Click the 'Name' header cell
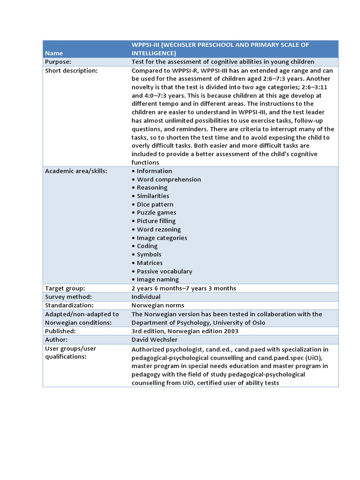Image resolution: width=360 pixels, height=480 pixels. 54,53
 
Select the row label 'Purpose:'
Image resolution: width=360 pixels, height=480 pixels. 58,62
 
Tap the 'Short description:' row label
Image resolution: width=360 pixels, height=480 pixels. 71,70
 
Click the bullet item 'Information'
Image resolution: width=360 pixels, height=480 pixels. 154,171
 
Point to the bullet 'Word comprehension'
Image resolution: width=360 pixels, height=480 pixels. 169,180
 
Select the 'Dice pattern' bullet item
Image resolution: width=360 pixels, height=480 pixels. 155,204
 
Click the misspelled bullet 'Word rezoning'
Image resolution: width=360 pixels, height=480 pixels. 158,230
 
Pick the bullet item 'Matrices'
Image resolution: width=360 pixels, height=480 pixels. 150,263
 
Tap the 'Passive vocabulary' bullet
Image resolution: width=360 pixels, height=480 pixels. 164,271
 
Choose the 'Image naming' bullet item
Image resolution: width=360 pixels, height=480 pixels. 157,280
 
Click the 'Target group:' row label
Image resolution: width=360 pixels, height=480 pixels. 65,288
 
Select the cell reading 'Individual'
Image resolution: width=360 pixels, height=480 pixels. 146,297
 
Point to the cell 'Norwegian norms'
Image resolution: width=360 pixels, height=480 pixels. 157,305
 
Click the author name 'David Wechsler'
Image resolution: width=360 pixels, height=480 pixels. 154,339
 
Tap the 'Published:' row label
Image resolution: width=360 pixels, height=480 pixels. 60,331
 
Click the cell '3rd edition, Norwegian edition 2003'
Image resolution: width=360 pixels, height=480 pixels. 185,331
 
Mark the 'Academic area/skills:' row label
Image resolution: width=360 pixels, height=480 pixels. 76,171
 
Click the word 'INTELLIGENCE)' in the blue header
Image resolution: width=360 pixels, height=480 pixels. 154,53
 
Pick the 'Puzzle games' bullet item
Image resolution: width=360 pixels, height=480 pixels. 156,213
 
